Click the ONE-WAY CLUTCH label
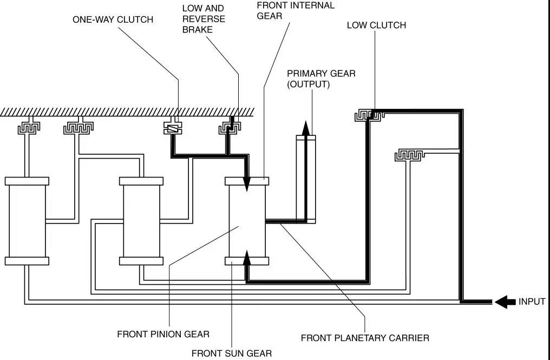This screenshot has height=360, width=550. [x=113, y=20]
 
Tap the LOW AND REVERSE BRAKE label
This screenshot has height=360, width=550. [x=203, y=19]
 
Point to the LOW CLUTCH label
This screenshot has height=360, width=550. [x=376, y=25]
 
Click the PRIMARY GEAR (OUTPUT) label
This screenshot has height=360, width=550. [x=321, y=78]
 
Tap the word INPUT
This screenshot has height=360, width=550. [x=531, y=302]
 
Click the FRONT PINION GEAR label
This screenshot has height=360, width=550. [x=163, y=334]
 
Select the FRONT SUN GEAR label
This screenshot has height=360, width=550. [x=231, y=354]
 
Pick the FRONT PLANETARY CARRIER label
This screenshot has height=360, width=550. [x=365, y=338]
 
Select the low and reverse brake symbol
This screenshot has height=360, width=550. [x=230, y=128]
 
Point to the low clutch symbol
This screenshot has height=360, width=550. [x=369, y=115]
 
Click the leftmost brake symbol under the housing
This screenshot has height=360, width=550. [x=28, y=128]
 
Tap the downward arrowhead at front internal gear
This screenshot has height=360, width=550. [x=247, y=184]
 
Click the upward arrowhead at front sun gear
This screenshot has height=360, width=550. [x=247, y=257]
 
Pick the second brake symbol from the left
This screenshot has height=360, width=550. [x=78, y=128]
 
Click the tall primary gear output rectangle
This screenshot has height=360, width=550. [x=305, y=179]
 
